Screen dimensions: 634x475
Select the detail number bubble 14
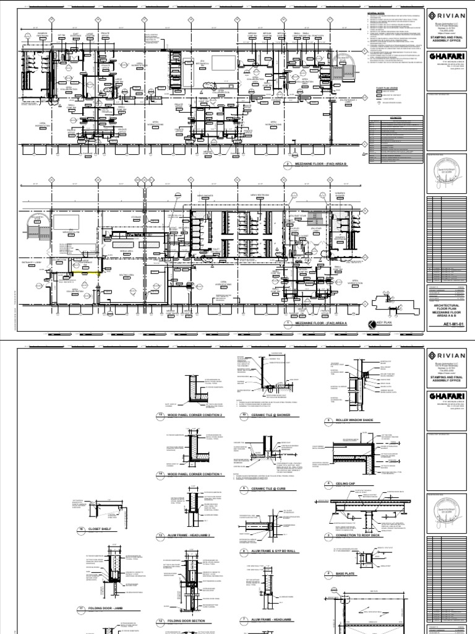click(162, 474)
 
